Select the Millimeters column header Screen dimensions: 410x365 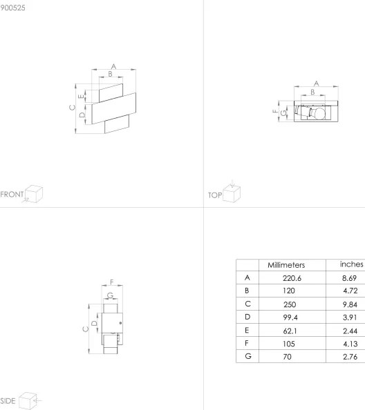286,265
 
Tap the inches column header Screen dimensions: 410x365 351,264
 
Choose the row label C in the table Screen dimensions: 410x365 247,304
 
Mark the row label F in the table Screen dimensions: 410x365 247,343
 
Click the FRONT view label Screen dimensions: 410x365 12,194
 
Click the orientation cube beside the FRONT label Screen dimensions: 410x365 34,193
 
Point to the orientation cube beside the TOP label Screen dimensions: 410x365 232,193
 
